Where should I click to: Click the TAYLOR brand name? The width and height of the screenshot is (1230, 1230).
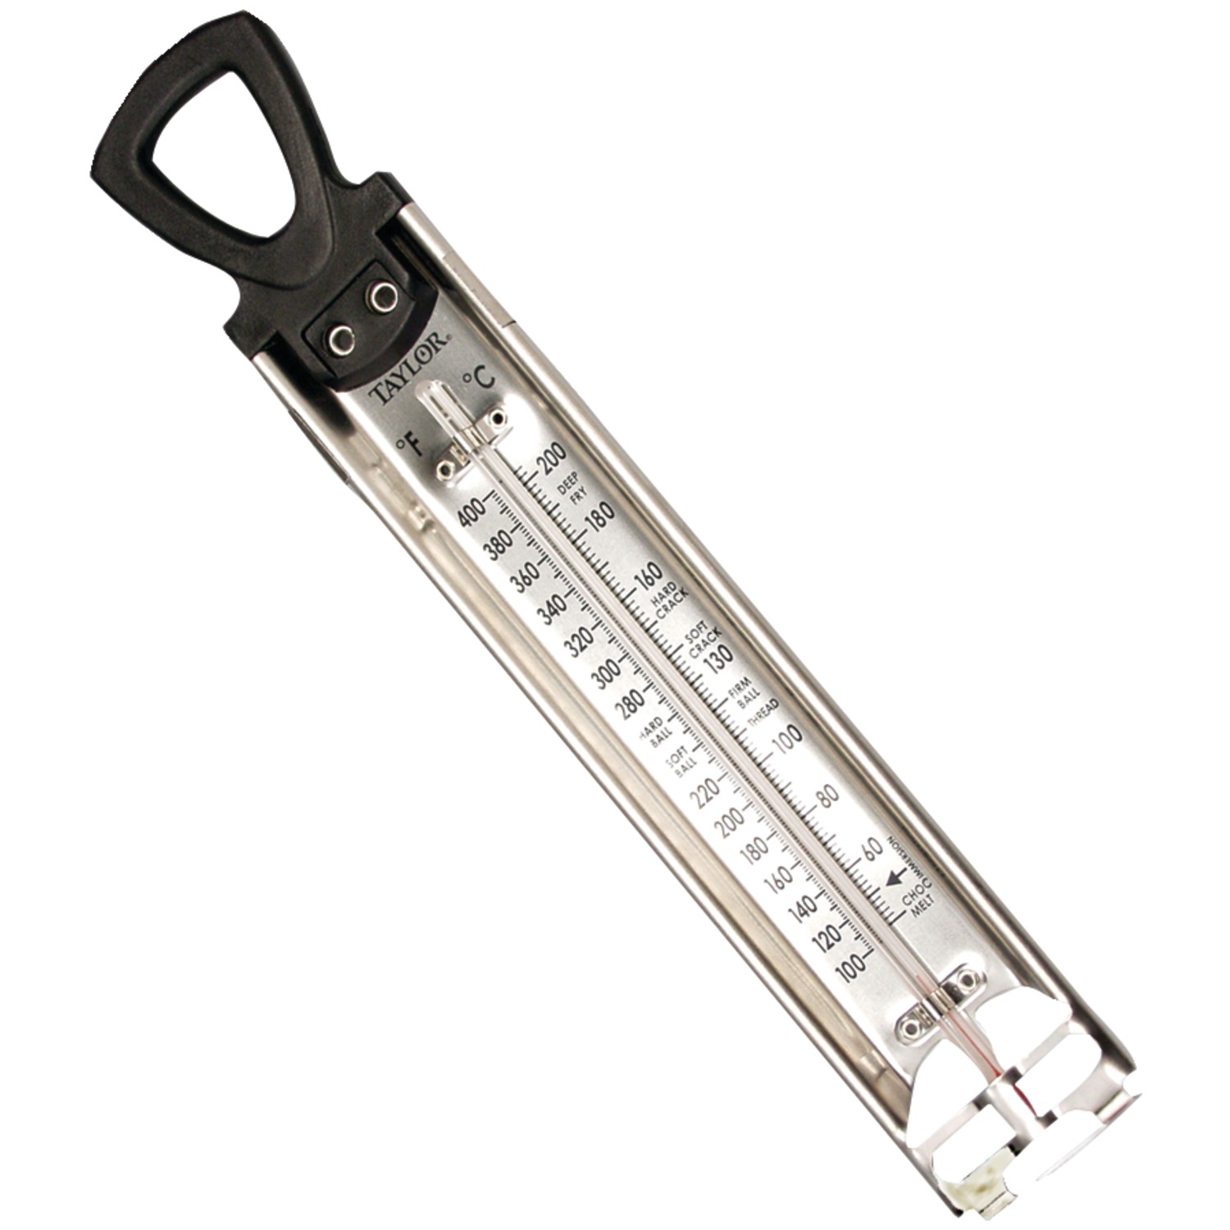(408, 367)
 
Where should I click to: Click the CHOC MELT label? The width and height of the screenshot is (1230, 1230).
(917, 904)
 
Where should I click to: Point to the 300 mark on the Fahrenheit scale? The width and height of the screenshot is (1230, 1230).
(608, 674)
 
